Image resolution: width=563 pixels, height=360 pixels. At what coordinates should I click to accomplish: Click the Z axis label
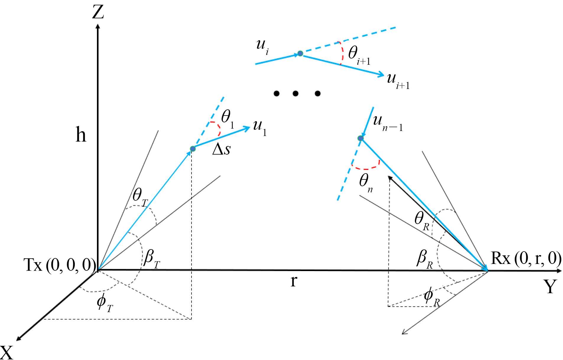pyautogui.click(x=98, y=13)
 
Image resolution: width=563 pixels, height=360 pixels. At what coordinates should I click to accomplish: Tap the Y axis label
pyautogui.click(x=550, y=286)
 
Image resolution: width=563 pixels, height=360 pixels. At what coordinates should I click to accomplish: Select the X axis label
pyautogui.click(x=7, y=352)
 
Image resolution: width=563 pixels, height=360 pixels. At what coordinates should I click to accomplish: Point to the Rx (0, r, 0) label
pyautogui.click(x=526, y=259)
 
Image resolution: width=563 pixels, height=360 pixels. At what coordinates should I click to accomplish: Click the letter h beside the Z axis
pyautogui.click(x=81, y=135)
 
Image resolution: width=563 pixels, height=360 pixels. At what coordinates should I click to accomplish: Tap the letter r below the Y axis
pyautogui.click(x=293, y=281)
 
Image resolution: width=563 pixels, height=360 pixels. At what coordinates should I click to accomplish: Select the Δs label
pyautogui.click(x=221, y=150)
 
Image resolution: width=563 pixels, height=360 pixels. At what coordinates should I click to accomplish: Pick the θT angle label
pyautogui.click(x=140, y=197)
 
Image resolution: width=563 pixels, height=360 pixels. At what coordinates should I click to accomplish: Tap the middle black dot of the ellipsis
pyautogui.click(x=296, y=94)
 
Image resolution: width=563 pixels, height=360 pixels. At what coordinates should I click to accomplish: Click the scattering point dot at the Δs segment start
pyautogui.click(x=193, y=149)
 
